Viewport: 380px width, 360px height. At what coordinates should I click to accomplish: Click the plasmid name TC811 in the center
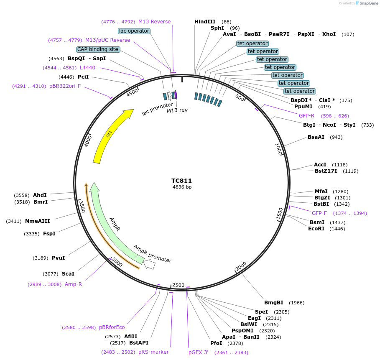pyautogui.click(x=181, y=181)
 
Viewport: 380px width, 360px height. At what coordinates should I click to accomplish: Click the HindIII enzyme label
pyautogui.click(x=205, y=22)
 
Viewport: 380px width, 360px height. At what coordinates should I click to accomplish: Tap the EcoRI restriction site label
pyautogui.click(x=316, y=229)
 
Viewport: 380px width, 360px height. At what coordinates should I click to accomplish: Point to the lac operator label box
pyautogui.click(x=134, y=31)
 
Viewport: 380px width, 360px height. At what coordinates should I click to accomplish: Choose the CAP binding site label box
pyautogui.click(x=98, y=49)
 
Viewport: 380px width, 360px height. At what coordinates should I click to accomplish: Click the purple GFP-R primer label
pyautogui.click(x=306, y=116)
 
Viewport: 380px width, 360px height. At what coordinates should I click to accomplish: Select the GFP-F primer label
pyautogui.click(x=319, y=213)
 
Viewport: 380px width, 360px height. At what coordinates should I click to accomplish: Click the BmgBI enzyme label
pyautogui.click(x=273, y=303)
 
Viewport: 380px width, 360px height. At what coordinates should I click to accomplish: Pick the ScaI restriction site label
pyautogui.click(x=68, y=274)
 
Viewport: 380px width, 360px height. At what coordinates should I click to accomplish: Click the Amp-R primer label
pyautogui.click(x=73, y=284)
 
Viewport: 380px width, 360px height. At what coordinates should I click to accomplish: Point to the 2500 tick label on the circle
pyautogui.click(x=178, y=285)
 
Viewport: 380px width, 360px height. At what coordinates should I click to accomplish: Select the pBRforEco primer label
pyautogui.click(x=112, y=327)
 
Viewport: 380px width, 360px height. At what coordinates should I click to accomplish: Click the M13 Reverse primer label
pyautogui.click(x=154, y=22)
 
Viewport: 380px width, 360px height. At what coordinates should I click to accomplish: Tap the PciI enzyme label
pyautogui.click(x=83, y=77)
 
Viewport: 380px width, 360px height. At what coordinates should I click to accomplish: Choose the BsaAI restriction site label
pyautogui.click(x=316, y=137)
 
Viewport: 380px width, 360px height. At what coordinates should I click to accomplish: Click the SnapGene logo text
pyautogui.click(x=368, y=3)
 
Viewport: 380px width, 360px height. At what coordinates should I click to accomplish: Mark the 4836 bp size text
pyautogui.click(x=182, y=187)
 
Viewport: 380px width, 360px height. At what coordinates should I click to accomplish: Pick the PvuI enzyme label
pyautogui.click(x=58, y=258)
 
